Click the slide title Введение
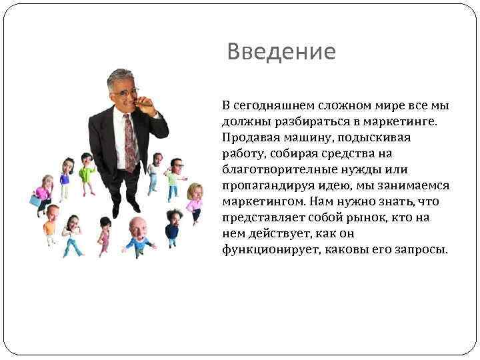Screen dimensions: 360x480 coord(281,51)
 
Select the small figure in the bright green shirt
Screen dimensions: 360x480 coord(87,171)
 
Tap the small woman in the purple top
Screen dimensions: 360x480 coord(65,176)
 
